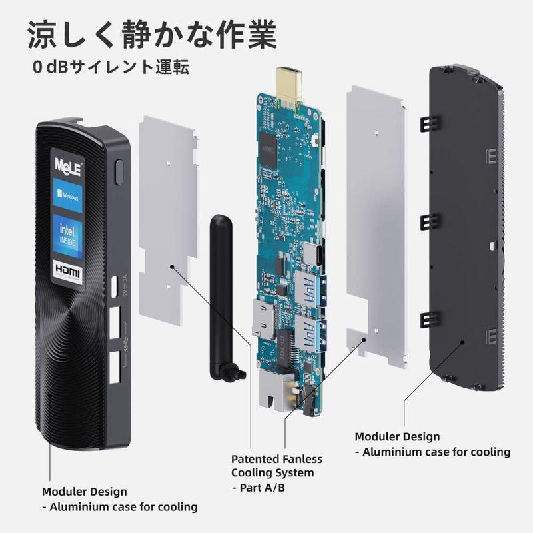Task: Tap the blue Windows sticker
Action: [x=69, y=195]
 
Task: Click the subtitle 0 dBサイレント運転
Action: [x=113, y=67]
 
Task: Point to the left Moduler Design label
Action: [x=84, y=492]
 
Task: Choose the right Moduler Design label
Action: [x=397, y=437]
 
